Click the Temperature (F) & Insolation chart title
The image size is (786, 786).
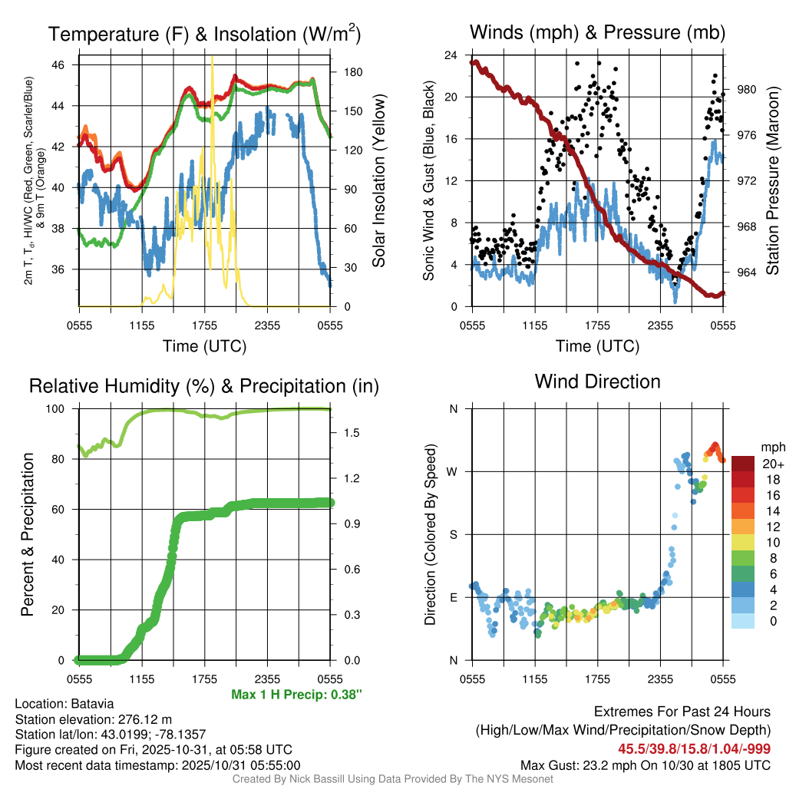pyautogui.click(x=204, y=34)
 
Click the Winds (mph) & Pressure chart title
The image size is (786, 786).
pyautogui.click(x=597, y=32)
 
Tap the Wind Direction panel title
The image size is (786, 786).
pyautogui.click(x=597, y=381)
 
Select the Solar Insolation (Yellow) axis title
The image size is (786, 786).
pyautogui.click(x=378, y=181)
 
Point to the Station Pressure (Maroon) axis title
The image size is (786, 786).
pyautogui.click(x=773, y=181)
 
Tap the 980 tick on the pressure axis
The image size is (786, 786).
pyautogui.click(x=747, y=90)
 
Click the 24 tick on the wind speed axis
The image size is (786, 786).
pyautogui.click(x=451, y=55)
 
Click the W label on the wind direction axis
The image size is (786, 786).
pyautogui.click(x=453, y=471)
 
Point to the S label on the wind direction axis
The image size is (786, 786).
pyautogui.click(x=453, y=534)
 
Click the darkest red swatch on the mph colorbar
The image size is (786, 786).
pyautogui.click(x=744, y=463)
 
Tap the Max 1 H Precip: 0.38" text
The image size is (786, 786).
pyautogui.click(x=296, y=695)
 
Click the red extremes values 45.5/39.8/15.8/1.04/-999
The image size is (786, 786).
pyautogui.click(x=694, y=748)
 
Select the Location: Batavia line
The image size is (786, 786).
pyautogui.click(x=64, y=704)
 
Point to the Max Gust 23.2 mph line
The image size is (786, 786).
pyautogui.click(x=646, y=765)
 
